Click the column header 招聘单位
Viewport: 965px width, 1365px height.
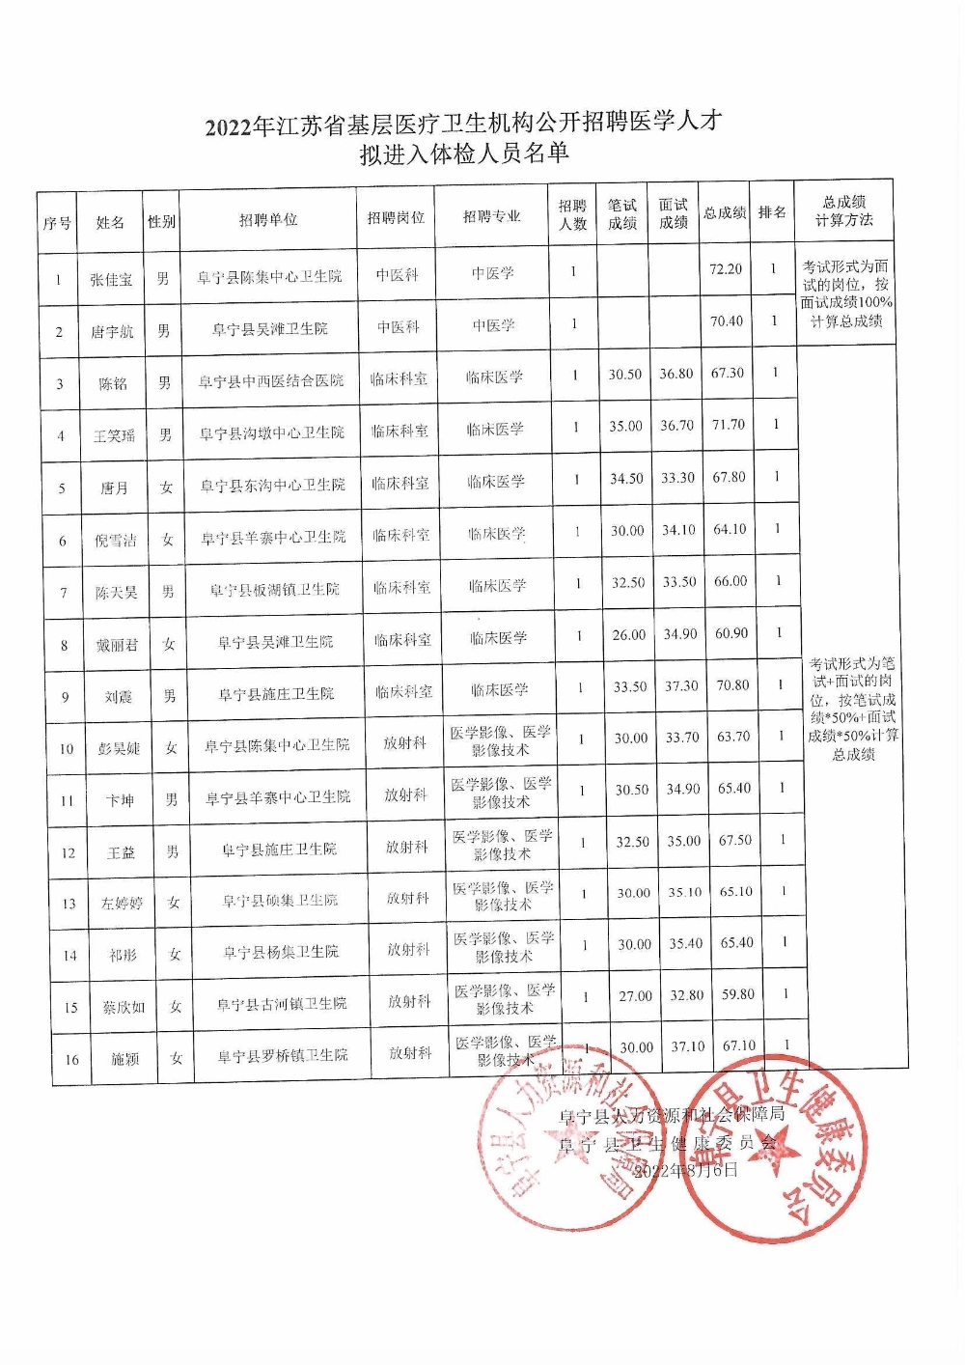click(x=268, y=220)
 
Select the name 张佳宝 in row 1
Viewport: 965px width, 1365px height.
click(x=111, y=279)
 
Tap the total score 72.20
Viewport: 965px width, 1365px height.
click(x=725, y=269)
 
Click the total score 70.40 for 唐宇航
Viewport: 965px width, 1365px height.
click(x=727, y=321)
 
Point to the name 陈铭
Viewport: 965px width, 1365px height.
click(x=113, y=383)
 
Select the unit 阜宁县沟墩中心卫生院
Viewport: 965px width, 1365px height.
click(x=271, y=433)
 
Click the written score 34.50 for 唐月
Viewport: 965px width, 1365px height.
click(x=626, y=478)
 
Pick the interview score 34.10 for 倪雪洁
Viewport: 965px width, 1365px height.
click(x=678, y=529)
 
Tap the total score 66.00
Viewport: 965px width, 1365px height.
click(x=731, y=581)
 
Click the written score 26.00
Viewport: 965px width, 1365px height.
click(x=628, y=634)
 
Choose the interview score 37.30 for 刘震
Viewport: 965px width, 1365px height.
click(x=681, y=685)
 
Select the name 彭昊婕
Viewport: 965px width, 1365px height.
click(x=119, y=748)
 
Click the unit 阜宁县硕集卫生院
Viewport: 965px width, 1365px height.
click(x=280, y=901)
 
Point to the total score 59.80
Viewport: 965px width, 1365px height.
click(x=738, y=995)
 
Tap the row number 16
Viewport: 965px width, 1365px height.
click(x=71, y=1059)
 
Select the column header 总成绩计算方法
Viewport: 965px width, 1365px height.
click(x=843, y=210)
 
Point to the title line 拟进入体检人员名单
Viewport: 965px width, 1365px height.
click(x=463, y=153)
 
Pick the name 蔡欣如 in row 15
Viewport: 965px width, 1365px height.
click(x=124, y=1007)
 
